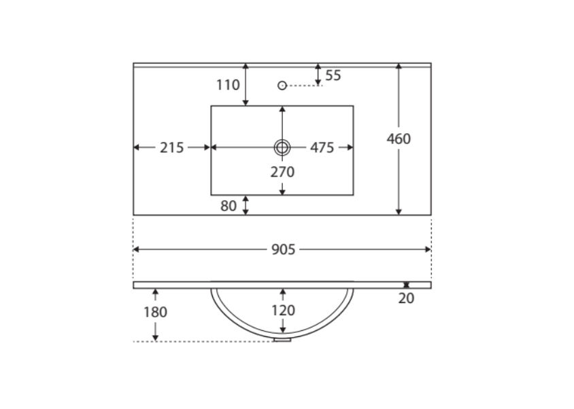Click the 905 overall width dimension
tap(284, 249)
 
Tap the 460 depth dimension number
tap(399, 139)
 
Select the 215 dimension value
tap(171, 148)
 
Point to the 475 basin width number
tap(322, 148)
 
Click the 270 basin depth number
tap(282, 172)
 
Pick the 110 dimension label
tap(228, 85)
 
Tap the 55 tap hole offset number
tap(333, 75)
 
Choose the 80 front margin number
tap(229, 206)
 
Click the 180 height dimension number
tap(155, 313)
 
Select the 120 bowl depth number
tap(283, 310)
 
